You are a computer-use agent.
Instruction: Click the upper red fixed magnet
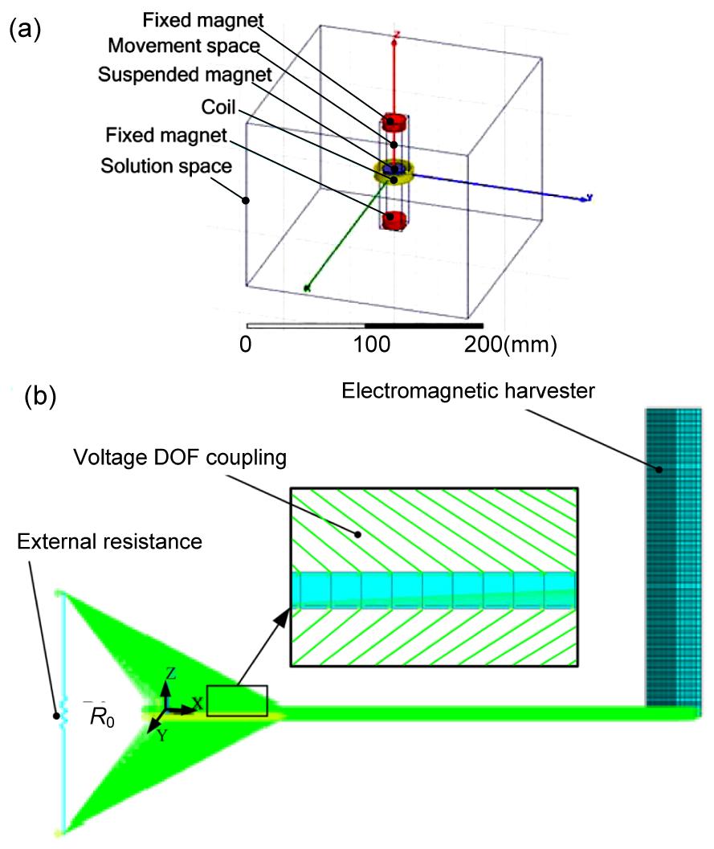[x=394, y=123]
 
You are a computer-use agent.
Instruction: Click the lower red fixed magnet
[x=394, y=219]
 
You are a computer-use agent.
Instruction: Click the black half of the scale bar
[x=423, y=325]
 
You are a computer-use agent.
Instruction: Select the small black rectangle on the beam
[x=236, y=700]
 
